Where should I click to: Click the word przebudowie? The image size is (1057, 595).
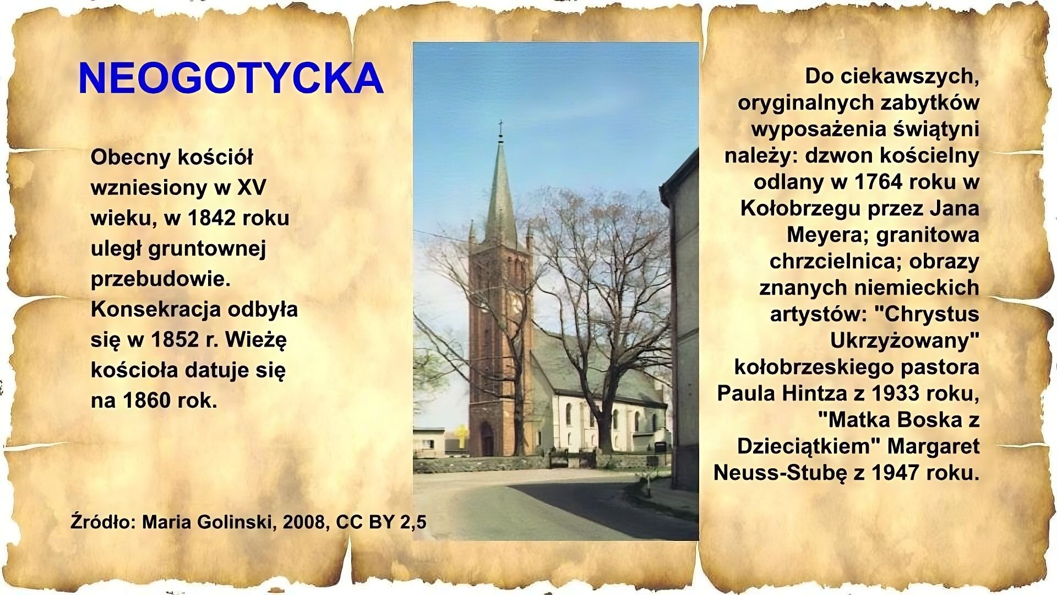(x=160, y=279)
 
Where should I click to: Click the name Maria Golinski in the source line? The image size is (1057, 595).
(x=206, y=522)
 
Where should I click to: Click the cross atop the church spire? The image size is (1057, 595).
(x=500, y=128)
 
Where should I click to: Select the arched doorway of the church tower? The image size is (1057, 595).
(x=487, y=439)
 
